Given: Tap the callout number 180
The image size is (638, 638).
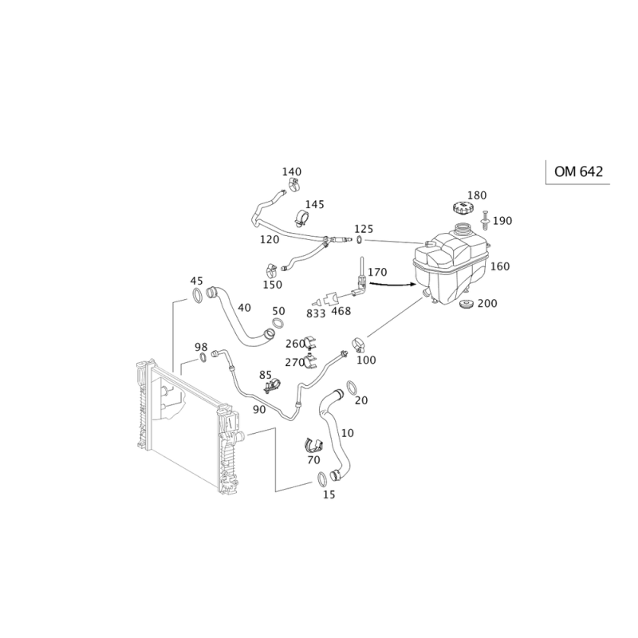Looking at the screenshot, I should click(x=477, y=195).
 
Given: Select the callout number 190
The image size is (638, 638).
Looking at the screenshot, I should click(x=502, y=220).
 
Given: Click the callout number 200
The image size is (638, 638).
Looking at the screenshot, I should click(x=486, y=303).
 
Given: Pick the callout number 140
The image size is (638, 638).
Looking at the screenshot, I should click(x=293, y=171).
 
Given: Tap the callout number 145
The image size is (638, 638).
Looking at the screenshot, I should click(x=314, y=206).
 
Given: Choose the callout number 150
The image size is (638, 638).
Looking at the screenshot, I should click(x=273, y=285).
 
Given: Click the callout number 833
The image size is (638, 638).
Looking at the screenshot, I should click(x=315, y=313).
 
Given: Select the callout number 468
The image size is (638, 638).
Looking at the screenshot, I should click(x=341, y=309).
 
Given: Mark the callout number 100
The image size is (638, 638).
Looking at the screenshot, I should click(x=366, y=360).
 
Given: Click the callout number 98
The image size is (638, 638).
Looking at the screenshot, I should click(x=201, y=347).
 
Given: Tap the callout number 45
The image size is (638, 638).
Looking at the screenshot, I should click(x=196, y=281).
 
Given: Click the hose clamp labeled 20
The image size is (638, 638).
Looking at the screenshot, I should click(x=352, y=392).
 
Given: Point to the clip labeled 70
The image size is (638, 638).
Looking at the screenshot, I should click(x=312, y=446).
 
